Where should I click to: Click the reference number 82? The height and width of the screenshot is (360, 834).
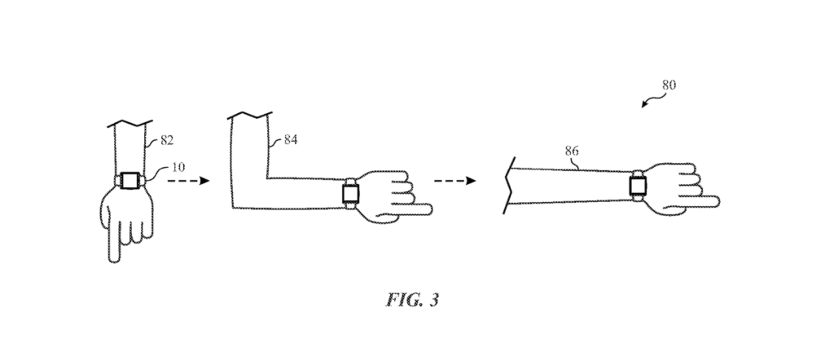[166, 140]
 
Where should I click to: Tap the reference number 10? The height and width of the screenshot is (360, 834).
[178, 167]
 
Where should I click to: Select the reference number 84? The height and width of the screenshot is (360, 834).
[291, 140]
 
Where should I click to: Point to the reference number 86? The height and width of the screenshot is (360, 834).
[571, 151]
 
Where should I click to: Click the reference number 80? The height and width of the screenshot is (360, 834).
[669, 85]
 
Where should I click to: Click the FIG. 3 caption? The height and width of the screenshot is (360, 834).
[413, 300]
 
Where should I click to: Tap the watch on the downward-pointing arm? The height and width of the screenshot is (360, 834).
[129, 180]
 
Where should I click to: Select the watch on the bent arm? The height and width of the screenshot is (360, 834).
[350, 192]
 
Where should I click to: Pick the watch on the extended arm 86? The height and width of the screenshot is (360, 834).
[638, 186]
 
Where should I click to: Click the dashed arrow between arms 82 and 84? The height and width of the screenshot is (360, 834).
[188, 181]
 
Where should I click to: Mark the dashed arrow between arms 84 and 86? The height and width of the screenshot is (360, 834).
[454, 181]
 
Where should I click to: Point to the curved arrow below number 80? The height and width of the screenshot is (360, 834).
[653, 100]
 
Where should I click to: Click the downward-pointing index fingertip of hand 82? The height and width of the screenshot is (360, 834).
[114, 260]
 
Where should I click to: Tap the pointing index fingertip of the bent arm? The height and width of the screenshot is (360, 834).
[429, 209]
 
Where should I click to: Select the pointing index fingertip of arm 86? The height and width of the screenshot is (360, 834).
[717, 201]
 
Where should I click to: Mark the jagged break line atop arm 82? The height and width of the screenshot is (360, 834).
[129, 124]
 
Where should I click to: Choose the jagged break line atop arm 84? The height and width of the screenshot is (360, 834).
[249, 116]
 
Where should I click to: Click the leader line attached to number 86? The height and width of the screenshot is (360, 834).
[574, 163]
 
